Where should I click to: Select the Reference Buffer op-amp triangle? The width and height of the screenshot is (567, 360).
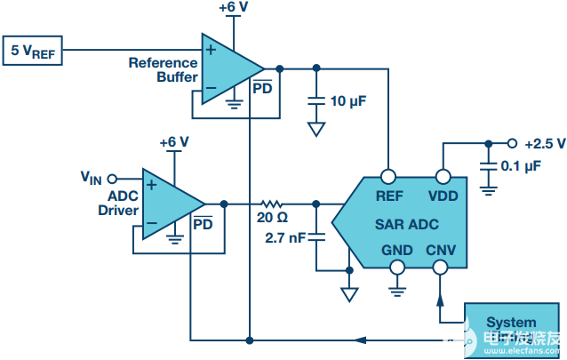click(x=226, y=68)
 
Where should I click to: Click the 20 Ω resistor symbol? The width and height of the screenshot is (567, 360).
click(x=270, y=204)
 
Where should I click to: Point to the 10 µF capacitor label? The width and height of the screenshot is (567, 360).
click(x=348, y=100)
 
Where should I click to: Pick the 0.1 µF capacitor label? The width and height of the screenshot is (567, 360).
click(x=520, y=165)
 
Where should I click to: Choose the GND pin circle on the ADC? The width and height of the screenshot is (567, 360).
click(x=395, y=267)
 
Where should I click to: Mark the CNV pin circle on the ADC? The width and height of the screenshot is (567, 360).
click(x=439, y=267)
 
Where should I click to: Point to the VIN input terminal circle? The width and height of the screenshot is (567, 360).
click(x=112, y=178)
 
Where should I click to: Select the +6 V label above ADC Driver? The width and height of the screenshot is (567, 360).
click(x=174, y=142)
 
